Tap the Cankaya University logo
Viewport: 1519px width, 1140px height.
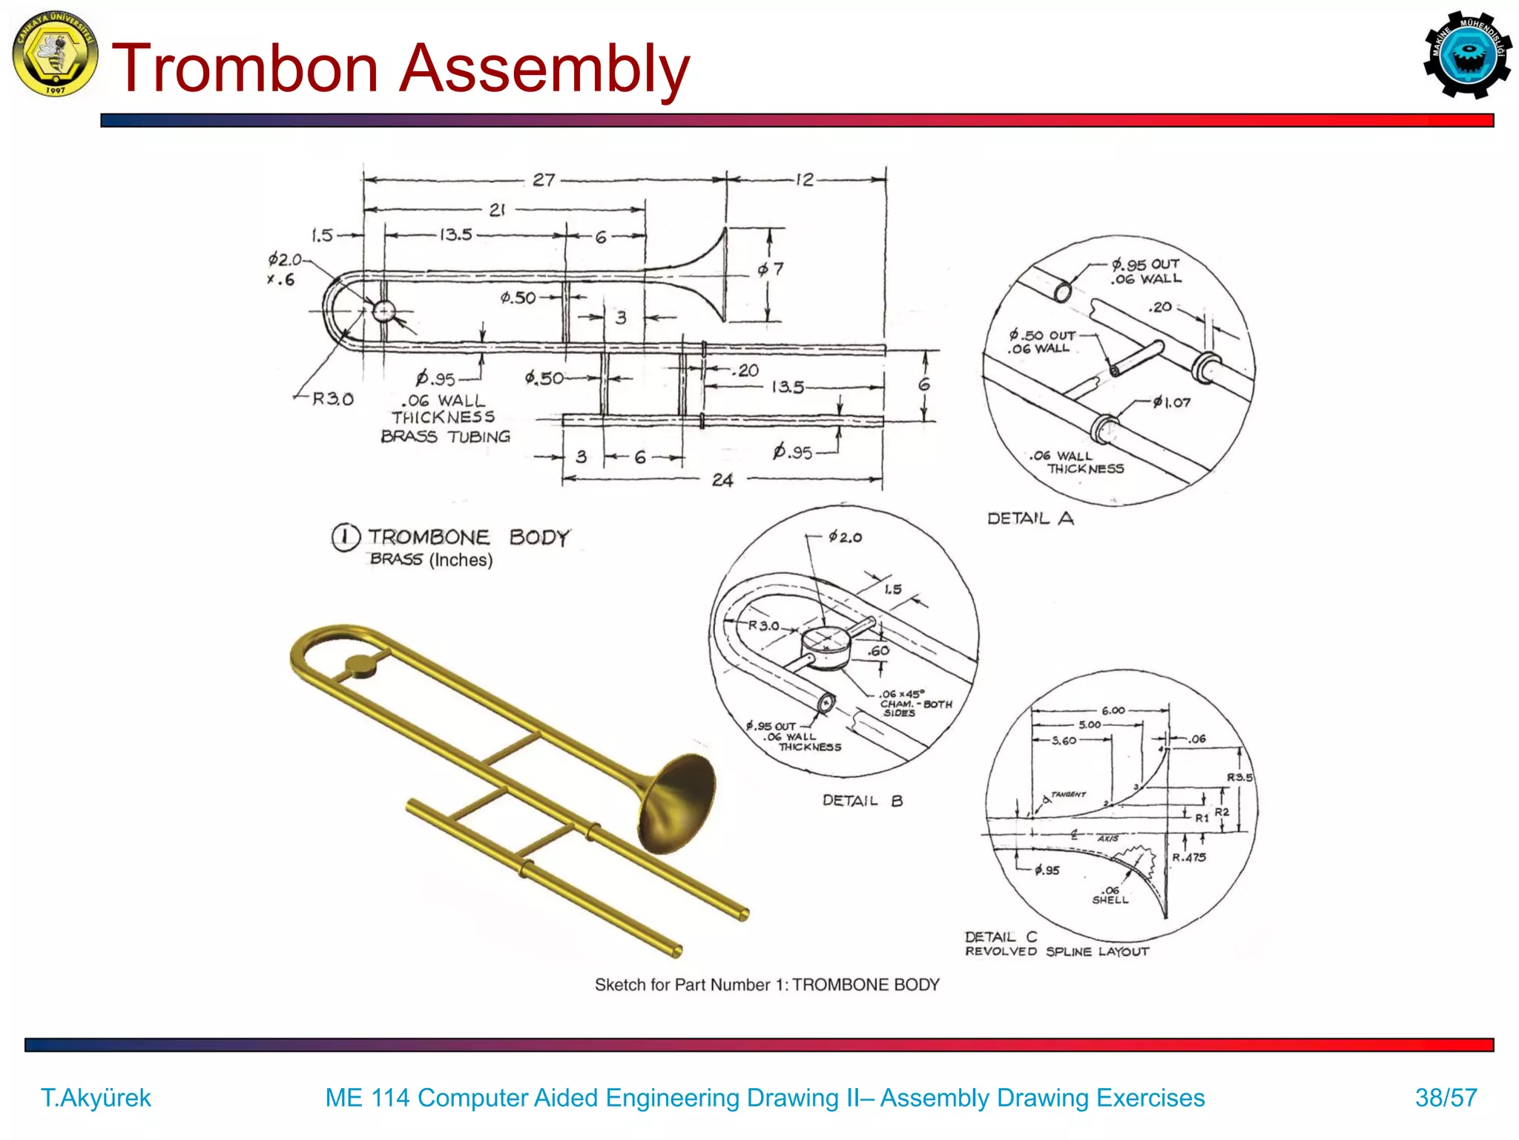(x=55, y=53)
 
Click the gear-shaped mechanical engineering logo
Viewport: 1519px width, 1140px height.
(x=1466, y=54)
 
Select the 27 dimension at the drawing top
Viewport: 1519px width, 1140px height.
(x=544, y=180)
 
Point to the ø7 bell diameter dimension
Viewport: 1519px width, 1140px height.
(x=771, y=269)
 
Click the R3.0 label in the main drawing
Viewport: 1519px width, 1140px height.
(x=332, y=399)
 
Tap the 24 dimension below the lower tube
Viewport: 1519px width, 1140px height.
(x=722, y=480)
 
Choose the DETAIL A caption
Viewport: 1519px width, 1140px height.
(x=1030, y=518)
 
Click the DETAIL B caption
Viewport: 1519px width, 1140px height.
(x=862, y=800)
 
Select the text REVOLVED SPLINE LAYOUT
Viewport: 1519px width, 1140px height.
(x=1056, y=951)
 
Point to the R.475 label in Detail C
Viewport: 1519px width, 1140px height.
(x=1189, y=857)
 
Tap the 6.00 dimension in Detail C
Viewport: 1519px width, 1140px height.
(x=1113, y=710)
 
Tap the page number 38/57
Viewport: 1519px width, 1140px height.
(x=1446, y=1097)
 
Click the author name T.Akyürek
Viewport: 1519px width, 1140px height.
(x=96, y=1097)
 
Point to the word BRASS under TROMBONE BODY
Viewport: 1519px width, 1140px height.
(x=396, y=559)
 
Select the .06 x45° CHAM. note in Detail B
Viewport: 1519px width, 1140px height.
(x=915, y=703)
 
